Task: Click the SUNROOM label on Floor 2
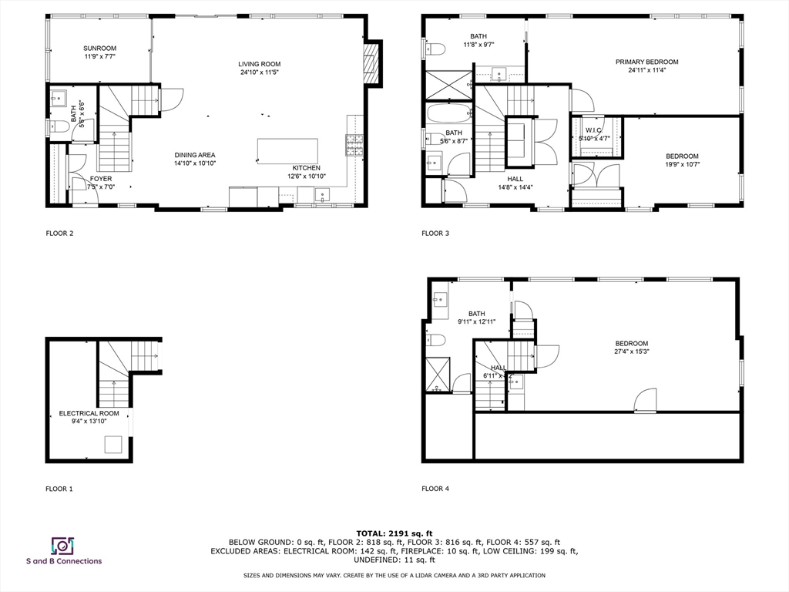(x=100, y=48)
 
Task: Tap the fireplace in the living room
(x=371, y=62)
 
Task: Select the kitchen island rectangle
(x=287, y=150)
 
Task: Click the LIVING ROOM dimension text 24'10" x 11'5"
(x=259, y=73)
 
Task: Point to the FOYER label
(x=101, y=178)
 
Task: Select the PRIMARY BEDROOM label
(x=646, y=62)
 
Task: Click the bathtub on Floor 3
(x=448, y=113)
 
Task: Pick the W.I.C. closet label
(x=593, y=129)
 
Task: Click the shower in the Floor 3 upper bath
(x=448, y=84)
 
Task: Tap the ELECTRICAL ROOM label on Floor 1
(x=89, y=413)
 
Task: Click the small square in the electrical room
(x=113, y=445)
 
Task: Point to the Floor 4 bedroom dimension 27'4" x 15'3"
(x=631, y=352)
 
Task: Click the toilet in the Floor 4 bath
(x=436, y=340)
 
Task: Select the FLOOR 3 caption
(x=435, y=233)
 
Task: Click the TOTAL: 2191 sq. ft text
(x=394, y=533)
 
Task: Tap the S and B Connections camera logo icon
(x=62, y=546)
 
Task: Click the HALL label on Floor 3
(x=515, y=178)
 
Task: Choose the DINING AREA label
(x=195, y=155)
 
